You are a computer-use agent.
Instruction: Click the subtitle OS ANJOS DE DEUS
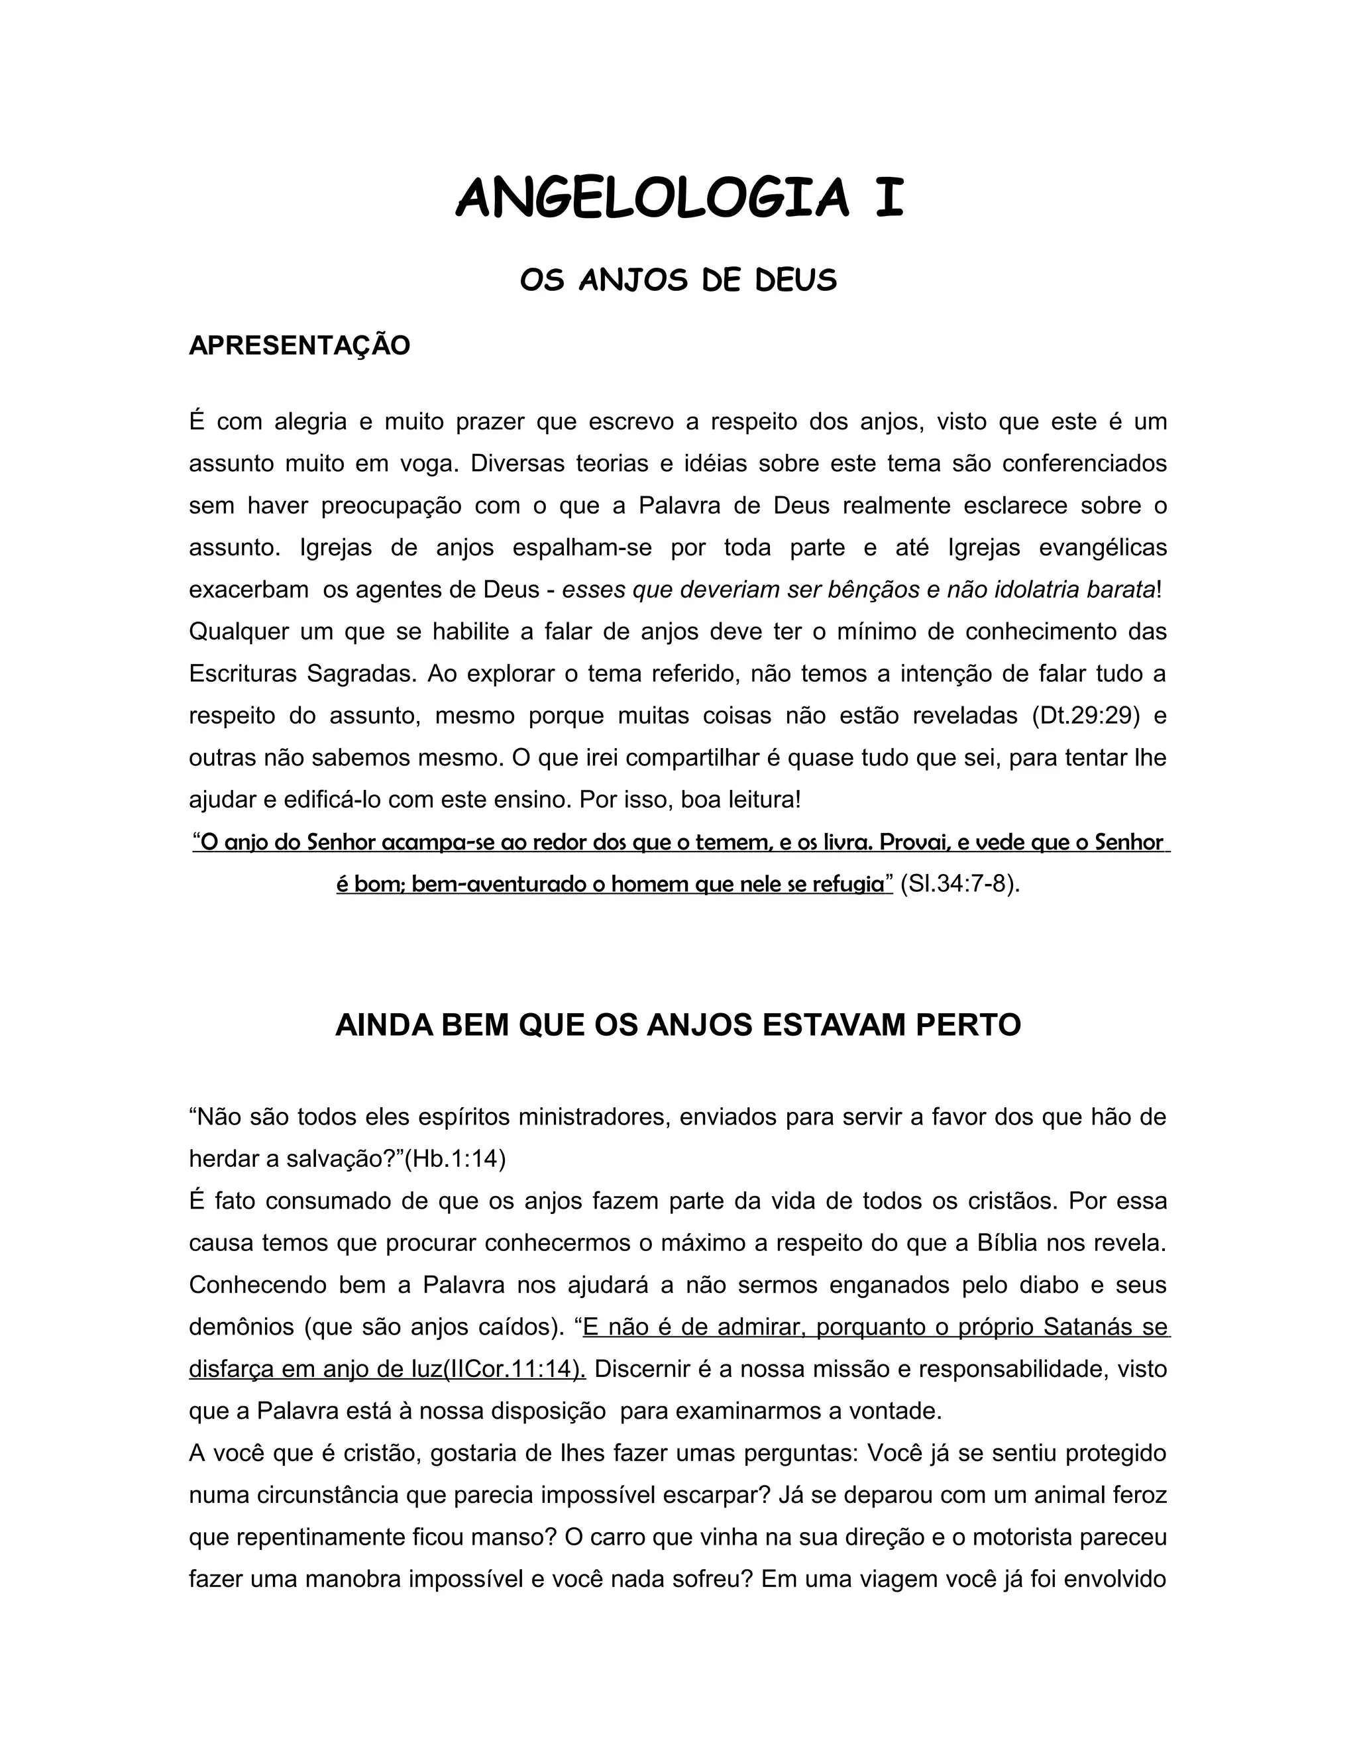click(x=678, y=280)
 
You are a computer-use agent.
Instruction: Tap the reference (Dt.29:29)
click(x=1086, y=716)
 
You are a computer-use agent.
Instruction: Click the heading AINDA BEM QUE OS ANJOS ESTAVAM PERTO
click(x=678, y=1025)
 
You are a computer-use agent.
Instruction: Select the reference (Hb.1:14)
click(x=455, y=1160)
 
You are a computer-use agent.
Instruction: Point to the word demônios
click(x=241, y=1327)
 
